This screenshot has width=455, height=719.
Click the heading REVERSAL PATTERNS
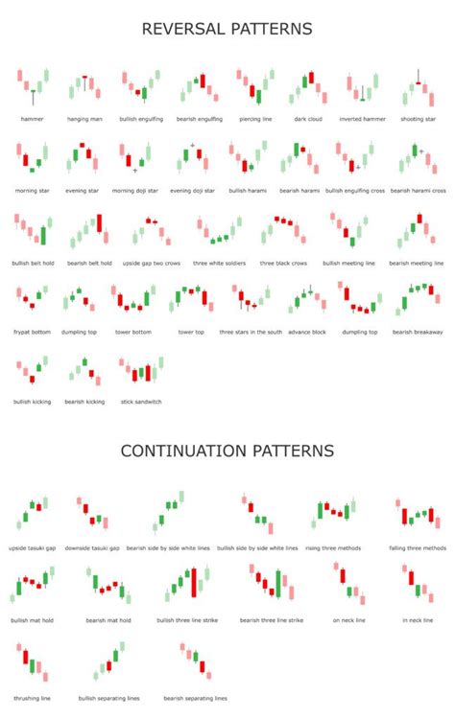pos(227,30)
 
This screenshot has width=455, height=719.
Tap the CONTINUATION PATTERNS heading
pos(227,450)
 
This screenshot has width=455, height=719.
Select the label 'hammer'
pos(32,119)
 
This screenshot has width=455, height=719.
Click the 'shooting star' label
pos(419,119)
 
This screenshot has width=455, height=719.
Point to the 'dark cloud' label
pos(308,119)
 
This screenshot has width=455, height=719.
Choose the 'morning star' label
pos(32,191)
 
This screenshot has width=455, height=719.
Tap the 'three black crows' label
pos(284,263)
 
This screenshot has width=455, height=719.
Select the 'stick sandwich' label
pos(141,401)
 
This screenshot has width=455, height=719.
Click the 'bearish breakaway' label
pos(416,332)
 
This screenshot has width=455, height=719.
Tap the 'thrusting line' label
pos(32,697)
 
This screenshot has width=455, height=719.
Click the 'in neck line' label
pos(419,620)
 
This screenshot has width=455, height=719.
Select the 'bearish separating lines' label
pos(195,697)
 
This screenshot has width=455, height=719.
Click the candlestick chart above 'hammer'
pos(33,86)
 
